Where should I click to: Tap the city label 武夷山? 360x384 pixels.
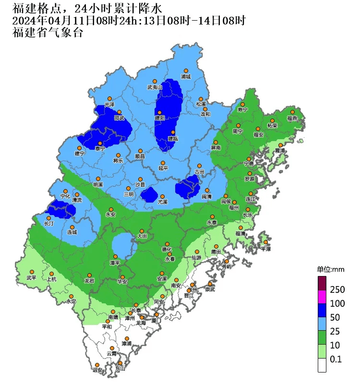click(155, 87)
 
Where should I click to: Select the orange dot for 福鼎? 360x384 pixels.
click(292, 112)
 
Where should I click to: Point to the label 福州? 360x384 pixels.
click(234, 208)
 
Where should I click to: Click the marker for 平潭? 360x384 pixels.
click(264, 243)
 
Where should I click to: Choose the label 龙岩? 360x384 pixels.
click(89, 280)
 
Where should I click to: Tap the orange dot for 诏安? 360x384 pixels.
click(97, 364)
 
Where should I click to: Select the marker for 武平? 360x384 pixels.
click(32, 277)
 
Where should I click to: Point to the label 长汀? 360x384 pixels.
click(48, 224)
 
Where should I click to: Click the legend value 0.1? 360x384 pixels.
click(336, 359)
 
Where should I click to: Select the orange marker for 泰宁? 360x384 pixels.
click(100, 143)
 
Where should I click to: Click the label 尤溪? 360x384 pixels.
click(163, 203)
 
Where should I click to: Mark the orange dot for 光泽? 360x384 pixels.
click(109, 98)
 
